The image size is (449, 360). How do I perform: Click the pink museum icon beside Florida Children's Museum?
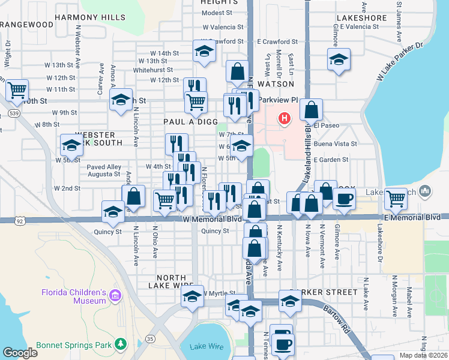click(x=115, y=295)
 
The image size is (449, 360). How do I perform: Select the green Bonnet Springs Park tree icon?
click(x=121, y=344)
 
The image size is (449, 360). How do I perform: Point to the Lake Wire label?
click(x=206, y=347)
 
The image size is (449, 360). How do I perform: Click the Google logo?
click(x=20, y=353)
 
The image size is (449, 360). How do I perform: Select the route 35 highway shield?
click(x=149, y=339)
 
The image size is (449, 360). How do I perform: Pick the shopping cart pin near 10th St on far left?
click(x=17, y=91)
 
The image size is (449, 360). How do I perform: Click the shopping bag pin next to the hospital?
click(x=312, y=110)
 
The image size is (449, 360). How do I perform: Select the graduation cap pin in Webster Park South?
click(x=71, y=145)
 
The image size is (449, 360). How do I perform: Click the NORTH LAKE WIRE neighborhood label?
click(x=175, y=278)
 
